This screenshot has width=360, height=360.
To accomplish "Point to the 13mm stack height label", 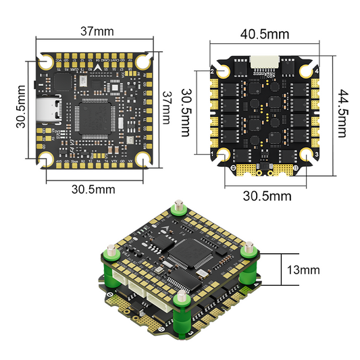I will [x=301, y=270].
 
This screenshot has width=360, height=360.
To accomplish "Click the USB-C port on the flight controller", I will [x=50, y=111].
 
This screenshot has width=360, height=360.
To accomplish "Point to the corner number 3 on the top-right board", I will [x=315, y=154].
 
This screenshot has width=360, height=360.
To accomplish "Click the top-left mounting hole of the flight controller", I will [x=46, y=61].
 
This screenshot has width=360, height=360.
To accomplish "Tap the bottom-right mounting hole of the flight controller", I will [x=144, y=159].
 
